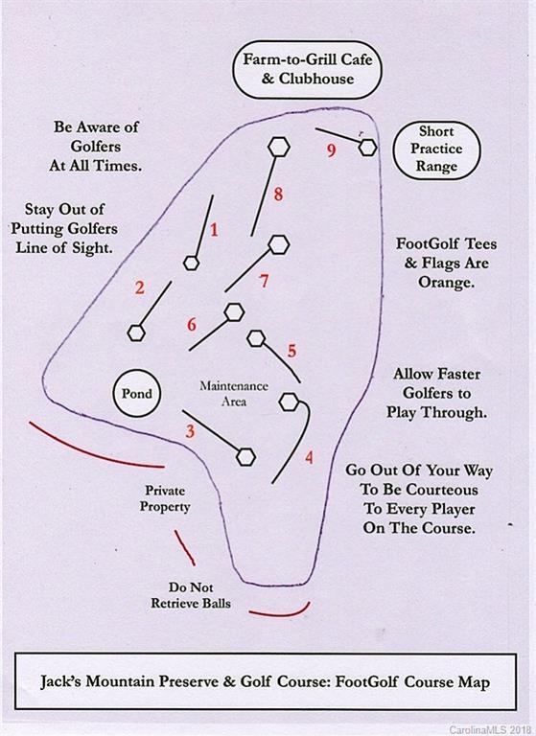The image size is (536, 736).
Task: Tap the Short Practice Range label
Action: [436, 149]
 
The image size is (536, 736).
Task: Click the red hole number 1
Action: [214, 230]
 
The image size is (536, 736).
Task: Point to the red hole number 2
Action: [140, 287]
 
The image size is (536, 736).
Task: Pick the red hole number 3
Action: [190, 431]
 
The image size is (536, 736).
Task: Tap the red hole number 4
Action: [309, 457]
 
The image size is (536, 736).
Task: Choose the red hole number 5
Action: [291, 350]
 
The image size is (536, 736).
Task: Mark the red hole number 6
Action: [191, 324]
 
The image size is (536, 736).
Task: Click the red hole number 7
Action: [264, 280]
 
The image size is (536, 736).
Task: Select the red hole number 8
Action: [278, 194]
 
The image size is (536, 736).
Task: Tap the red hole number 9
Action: [331, 150]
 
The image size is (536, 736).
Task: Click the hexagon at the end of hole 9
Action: [368, 148]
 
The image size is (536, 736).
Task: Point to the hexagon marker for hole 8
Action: [279, 147]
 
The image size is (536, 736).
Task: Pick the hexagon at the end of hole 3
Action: [245, 457]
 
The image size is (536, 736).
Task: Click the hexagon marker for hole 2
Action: [136, 333]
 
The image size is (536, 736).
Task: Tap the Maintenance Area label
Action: [234, 393]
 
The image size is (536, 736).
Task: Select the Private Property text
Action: [165, 498]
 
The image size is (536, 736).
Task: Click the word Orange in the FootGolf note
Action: [444, 283]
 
